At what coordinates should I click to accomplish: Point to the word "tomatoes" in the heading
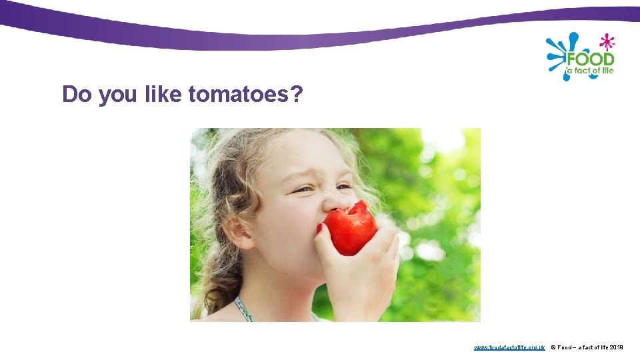[237, 95]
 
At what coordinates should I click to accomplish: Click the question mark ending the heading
[297, 95]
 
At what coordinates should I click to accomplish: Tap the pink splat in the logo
[607, 42]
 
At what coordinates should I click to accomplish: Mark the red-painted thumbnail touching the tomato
[319, 228]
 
